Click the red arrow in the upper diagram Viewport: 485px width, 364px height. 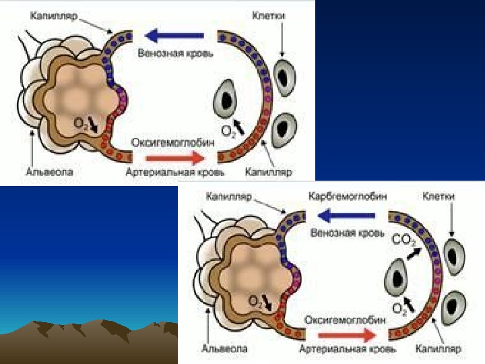[x=164, y=158]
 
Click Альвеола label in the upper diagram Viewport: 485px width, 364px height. [x=49, y=173]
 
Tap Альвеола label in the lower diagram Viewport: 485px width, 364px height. [x=224, y=349]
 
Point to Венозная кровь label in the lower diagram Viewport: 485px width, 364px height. [x=348, y=233]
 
